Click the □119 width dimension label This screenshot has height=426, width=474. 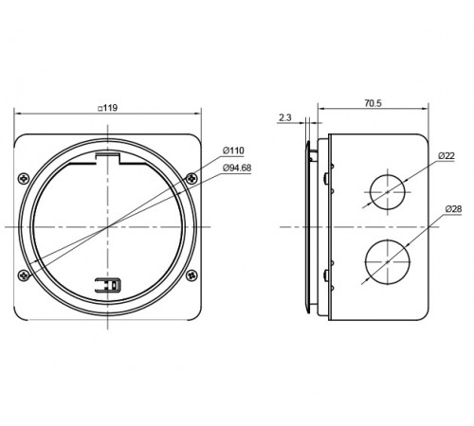pos(107,108)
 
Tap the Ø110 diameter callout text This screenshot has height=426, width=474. pos(233,151)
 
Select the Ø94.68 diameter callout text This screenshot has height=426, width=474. pos(237,168)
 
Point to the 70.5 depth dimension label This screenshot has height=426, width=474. pos(374,103)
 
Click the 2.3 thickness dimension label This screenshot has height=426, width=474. pos(284,117)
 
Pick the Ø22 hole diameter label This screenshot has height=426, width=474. pos(447,156)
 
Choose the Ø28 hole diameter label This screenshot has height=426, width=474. pos(453,209)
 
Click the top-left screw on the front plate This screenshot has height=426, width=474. pos(24,179)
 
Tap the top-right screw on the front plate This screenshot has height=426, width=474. pos(191,179)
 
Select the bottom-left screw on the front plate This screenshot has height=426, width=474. pos(24,275)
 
